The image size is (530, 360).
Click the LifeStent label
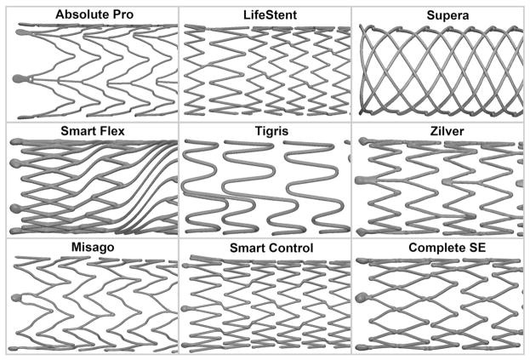coord(270,14)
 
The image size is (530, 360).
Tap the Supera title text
coord(447,15)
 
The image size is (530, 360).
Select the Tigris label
coord(271,131)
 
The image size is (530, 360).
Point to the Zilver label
coord(447,131)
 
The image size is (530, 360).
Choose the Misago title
coord(93,248)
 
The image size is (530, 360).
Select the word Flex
coord(110,131)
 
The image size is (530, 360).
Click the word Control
coord(292,249)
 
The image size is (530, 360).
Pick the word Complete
coord(435,248)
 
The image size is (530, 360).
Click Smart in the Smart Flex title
coord(76,131)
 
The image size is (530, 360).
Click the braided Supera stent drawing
coord(441,71)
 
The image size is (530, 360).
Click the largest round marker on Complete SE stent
coord(362,298)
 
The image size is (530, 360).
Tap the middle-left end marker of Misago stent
coord(17,298)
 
